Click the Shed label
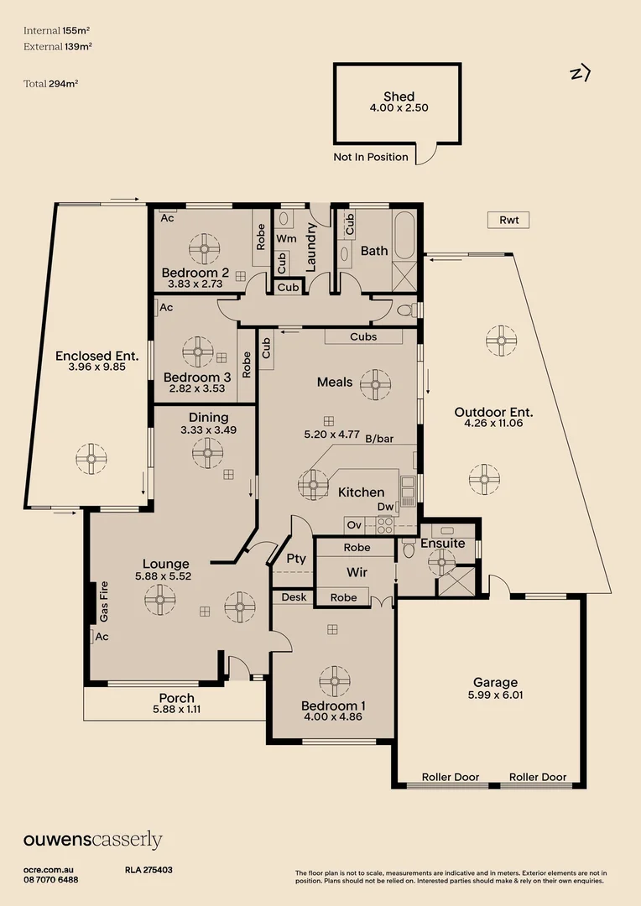click(399, 96)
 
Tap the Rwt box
click(508, 221)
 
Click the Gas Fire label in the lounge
click(105, 601)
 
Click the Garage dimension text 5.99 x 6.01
click(495, 695)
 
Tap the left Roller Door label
click(450, 778)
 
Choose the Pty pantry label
click(296, 558)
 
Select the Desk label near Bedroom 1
click(294, 597)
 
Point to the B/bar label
click(379, 439)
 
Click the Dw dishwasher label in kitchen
click(385, 508)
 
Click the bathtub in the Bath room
click(404, 236)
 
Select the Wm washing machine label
click(287, 238)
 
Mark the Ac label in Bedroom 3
click(166, 308)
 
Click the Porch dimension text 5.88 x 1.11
click(176, 709)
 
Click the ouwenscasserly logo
click(92, 841)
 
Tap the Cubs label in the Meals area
click(363, 337)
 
